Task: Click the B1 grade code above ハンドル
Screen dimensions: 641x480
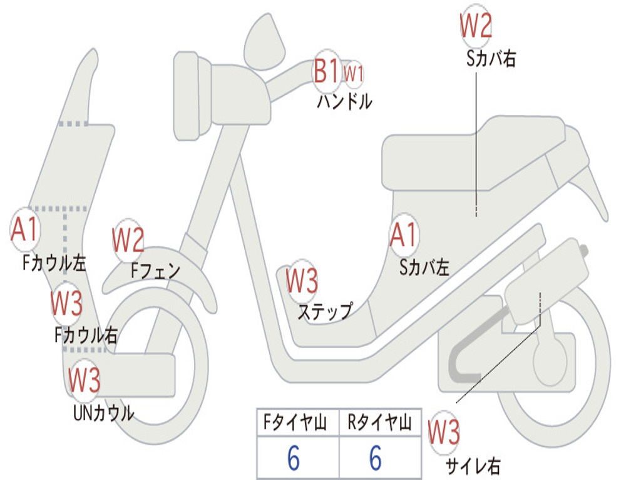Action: pos(327,71)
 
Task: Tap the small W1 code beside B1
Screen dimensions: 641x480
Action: pos(354,73)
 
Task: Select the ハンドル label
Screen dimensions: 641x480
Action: pos(344,101)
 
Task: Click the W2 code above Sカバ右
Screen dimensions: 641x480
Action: pos(476,26)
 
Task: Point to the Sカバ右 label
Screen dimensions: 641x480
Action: pos(491,59)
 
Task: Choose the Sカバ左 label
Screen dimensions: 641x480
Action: pos(424,267)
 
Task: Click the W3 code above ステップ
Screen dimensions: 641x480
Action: pos(302,281)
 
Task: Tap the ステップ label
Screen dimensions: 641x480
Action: pos(324,311)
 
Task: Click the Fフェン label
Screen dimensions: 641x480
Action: pos(155,271)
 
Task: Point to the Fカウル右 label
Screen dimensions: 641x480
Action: pos(85,335)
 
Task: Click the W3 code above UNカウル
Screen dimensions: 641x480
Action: pos(85,379)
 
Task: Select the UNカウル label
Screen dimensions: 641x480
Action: pos(103,412)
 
